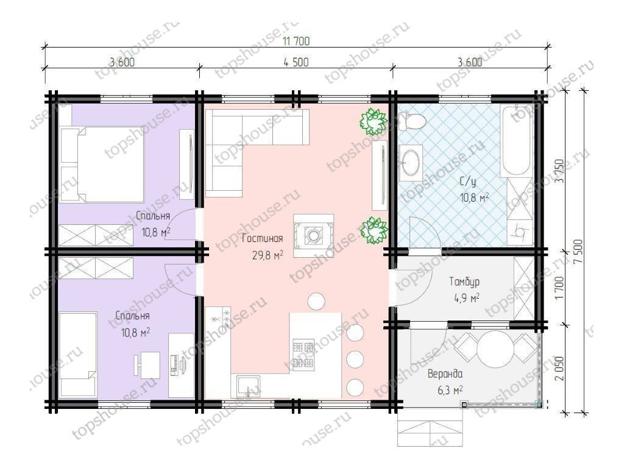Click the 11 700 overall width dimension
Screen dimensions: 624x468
tap(296, 41)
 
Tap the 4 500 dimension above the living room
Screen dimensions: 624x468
tap(296, 62)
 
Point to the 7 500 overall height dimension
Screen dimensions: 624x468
tap(578, 251)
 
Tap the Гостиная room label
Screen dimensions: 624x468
tap(262, 238)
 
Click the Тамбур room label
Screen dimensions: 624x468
tap(464, 282)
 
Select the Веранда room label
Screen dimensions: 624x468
tap(445, 374)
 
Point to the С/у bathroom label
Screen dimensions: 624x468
tap(468, 182)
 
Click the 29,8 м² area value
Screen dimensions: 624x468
tap(268, 255)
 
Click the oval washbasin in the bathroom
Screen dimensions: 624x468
tap(410, 162)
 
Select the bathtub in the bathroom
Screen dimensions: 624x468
tap(516, 140)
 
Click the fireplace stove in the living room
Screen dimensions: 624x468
tap(314, 235)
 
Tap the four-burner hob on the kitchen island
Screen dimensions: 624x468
tap(303, 355)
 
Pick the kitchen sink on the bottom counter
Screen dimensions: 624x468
tap(248, 386)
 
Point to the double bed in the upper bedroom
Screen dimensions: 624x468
tap(102, 165)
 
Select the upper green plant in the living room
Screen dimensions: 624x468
tap(374, 121)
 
